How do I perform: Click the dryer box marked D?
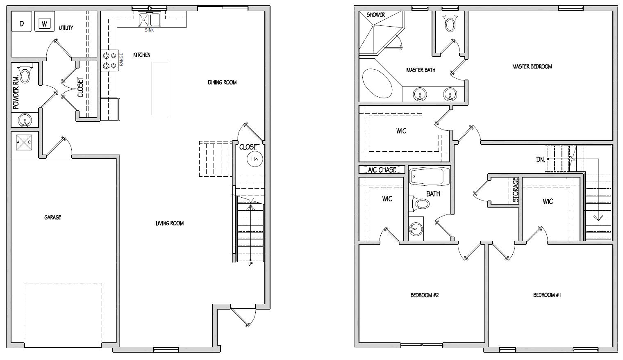[22, 23]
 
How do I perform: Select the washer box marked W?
[44, 24]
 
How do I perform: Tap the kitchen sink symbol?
[149, 20]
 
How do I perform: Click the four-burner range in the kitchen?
[109, 60]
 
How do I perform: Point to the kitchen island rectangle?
[160, 88]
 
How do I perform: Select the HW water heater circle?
[255, 159]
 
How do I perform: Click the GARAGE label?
[53, 217]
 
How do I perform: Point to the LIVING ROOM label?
[170, 223]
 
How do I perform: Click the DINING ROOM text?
[222, 82]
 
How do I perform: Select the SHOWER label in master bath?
[375, 15]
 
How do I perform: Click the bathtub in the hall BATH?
[429, 176]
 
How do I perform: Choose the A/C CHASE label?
[382, 170]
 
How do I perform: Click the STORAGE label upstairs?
[516, 190]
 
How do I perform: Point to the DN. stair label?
[541, 159]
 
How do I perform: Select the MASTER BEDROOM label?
[532, 66]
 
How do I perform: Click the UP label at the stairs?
[250, 264]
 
